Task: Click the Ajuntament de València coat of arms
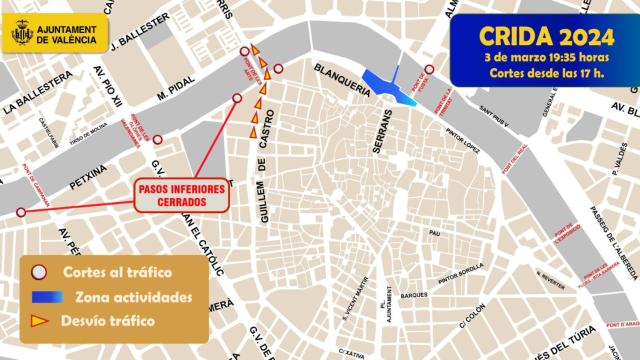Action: click(22, 34)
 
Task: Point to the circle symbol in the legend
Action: click(40, 272)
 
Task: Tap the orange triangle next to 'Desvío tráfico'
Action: click(41, 321)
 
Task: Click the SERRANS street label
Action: click(379, 131)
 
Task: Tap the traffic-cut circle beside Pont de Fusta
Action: click(429, 70)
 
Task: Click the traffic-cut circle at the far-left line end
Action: click(21, 212)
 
